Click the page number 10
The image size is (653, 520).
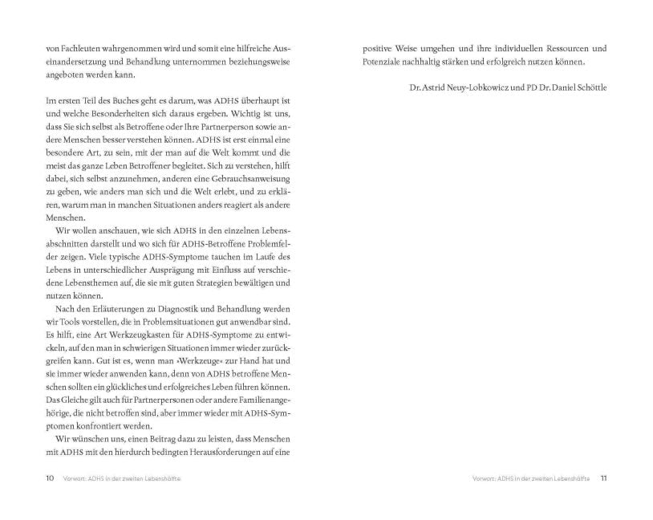(x=50, y=478)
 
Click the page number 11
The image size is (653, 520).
(x=603, y=478)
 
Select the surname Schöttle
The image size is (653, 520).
(x=586, y=87)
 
